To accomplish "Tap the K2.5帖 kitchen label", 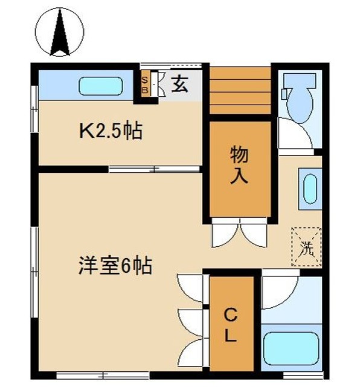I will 112,130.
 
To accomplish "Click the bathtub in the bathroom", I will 291,350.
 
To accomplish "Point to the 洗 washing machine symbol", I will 306,246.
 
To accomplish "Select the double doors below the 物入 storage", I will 239,233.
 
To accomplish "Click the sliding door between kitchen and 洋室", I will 154,169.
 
